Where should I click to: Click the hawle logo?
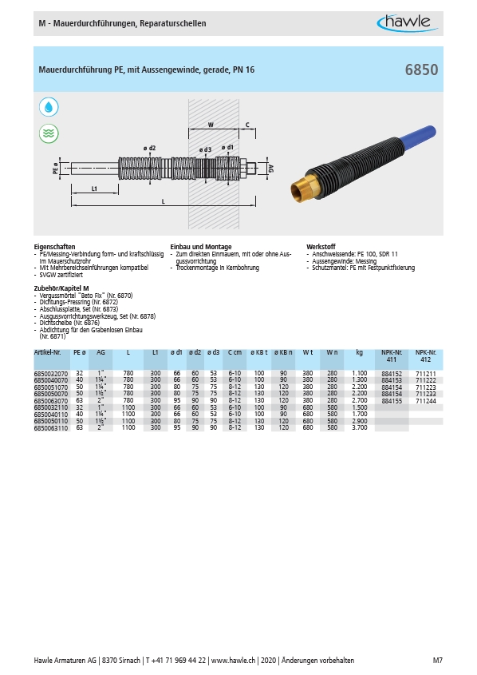coord(408,23)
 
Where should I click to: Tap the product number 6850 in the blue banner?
coord(421,69)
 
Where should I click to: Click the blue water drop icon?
coord(49,107)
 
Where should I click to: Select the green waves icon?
coord(49,133)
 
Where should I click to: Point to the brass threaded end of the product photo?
coord(304,189)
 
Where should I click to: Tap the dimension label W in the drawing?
coord(211,125)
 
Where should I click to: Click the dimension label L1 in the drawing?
coord(94,189)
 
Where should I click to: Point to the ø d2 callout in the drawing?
coord(149,148)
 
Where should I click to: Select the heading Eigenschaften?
coord(54,247)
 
